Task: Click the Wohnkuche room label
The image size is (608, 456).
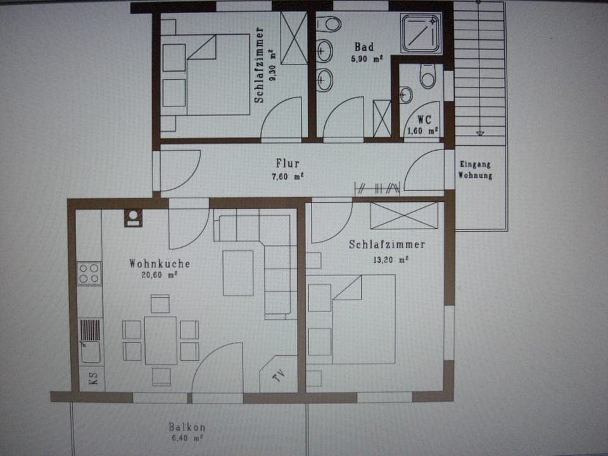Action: click(x=160, y=263)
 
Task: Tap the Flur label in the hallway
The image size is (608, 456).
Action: click(x=288, y=164)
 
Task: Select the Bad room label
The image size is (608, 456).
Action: click(x=364, y=47)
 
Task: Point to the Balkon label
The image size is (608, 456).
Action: click(x=187, y=427)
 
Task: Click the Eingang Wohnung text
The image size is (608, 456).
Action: click(x=475, y=170)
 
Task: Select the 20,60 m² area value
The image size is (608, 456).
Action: click(x=159, y=275)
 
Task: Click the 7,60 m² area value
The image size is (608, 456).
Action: click(x=288, y=177)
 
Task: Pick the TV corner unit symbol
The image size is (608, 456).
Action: click(x=277, y=377)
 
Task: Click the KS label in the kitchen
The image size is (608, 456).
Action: click(x=92, y=379)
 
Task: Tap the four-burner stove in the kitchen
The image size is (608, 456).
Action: click(x=89, y=273)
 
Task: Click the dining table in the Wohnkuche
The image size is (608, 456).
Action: click(x=160, y=339)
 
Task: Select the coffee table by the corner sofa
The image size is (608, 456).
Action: click(x=238, y=273)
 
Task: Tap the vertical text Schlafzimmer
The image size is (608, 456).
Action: click(x=259, y=64)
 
